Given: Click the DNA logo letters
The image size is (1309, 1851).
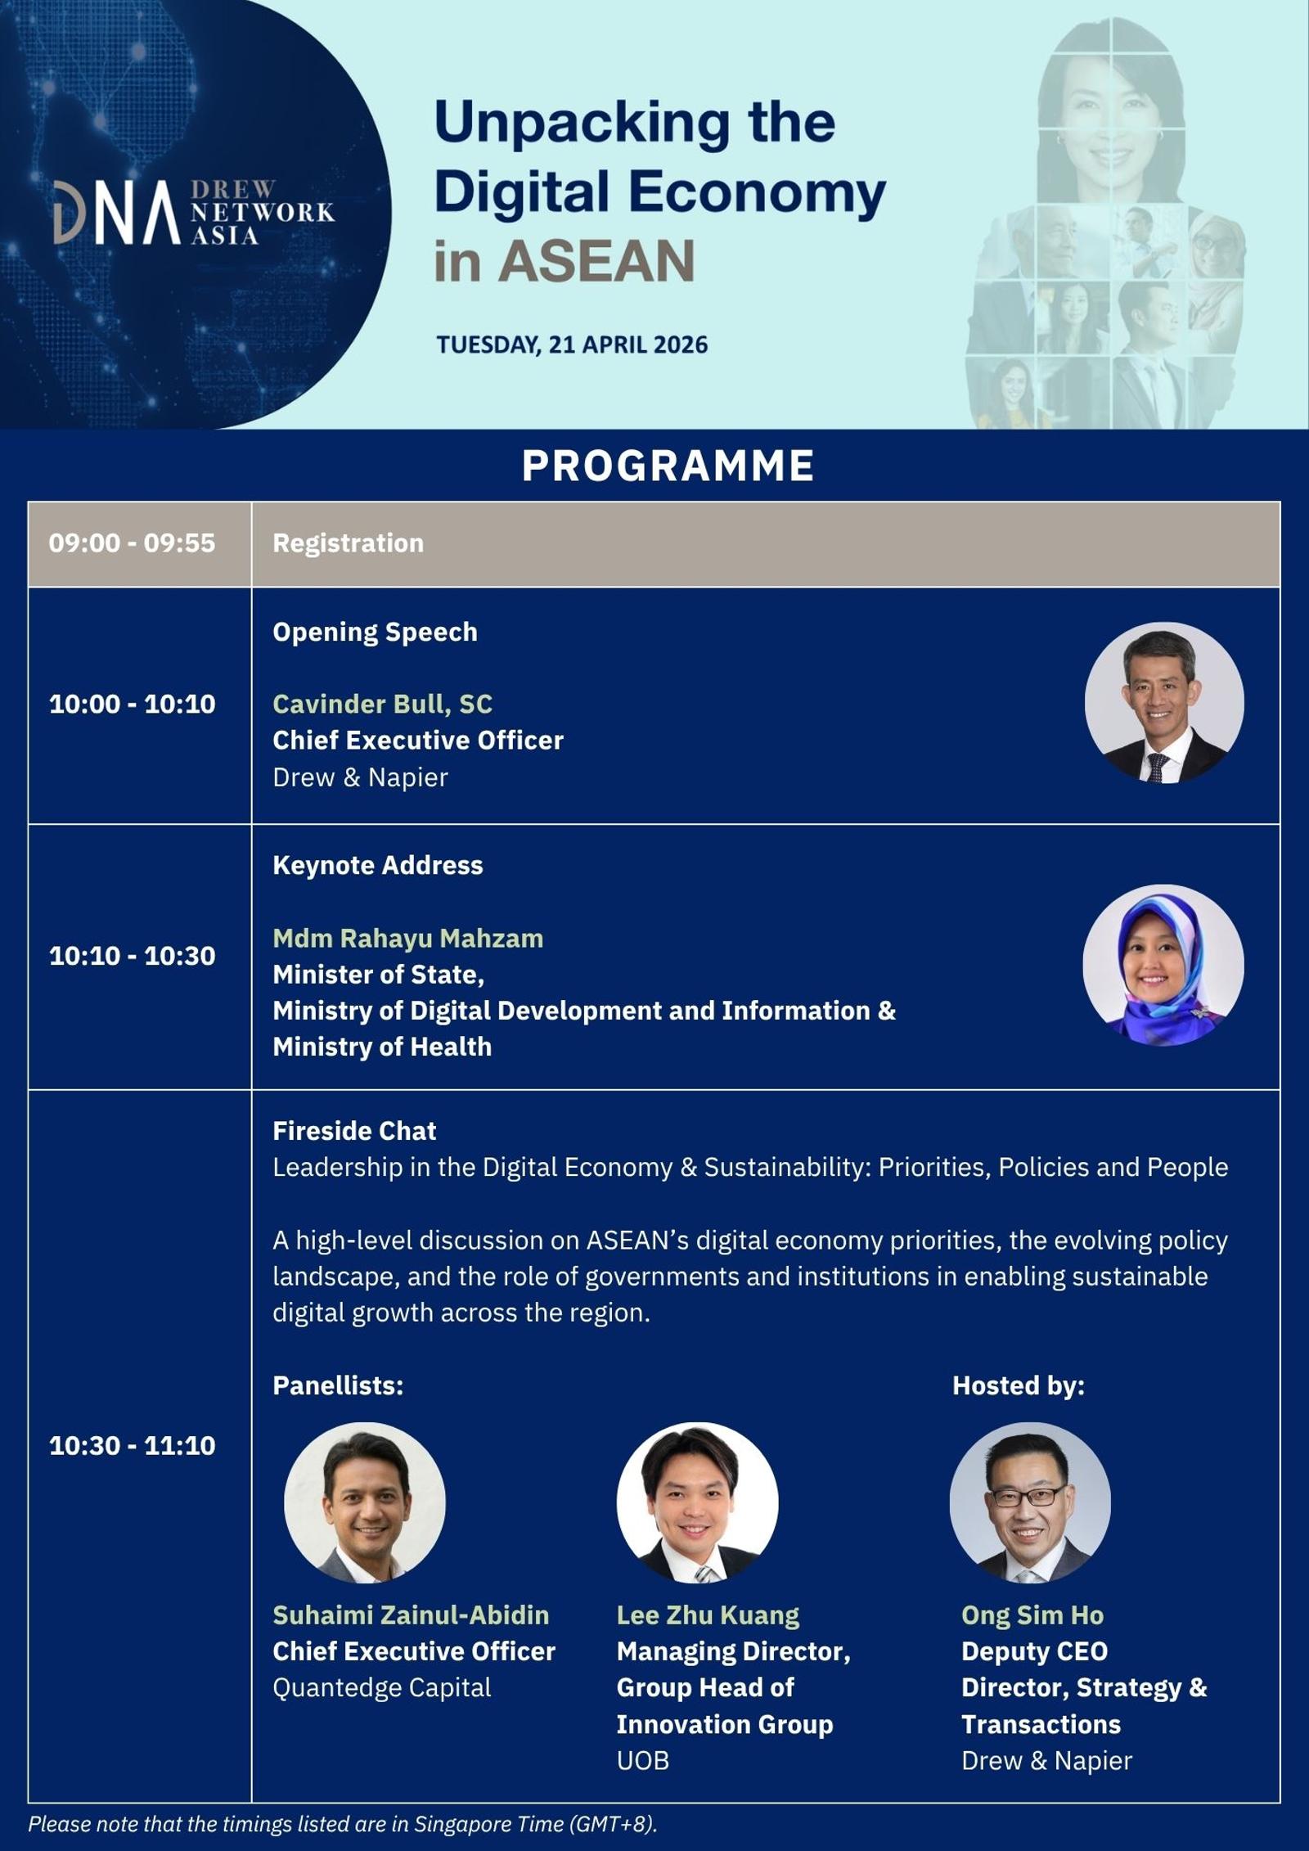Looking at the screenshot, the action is [116, 213].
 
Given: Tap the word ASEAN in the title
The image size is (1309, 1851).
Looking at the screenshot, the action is [597, 261].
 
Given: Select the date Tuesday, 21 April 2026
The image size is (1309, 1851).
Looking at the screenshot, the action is [572, 345].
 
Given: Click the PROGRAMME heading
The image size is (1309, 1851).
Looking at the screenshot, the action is [668, 466].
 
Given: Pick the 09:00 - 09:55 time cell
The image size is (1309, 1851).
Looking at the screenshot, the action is [132, 543].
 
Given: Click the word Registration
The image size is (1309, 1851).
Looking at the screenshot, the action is [348, 543].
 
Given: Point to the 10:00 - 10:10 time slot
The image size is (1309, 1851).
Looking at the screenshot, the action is [133, 704].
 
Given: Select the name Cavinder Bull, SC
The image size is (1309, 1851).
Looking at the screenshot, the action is [382, 705].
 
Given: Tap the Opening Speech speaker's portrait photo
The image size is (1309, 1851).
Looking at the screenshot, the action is [1164, 704].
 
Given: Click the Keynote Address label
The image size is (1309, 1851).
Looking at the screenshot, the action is [377, 866].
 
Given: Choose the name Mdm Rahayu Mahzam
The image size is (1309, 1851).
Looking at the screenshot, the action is [407, 938].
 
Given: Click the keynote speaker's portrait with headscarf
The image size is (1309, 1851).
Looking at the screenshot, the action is [1163, 965].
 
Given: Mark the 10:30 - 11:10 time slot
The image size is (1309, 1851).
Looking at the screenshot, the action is [133, 1445].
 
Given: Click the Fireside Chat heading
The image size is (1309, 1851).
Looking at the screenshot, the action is [354, 1131].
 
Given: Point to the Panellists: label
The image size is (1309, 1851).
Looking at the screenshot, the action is [338, 1385].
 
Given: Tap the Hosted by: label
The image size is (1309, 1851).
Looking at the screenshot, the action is [1019, 1385].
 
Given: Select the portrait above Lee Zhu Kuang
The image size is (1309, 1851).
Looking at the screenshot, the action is [697, 1503].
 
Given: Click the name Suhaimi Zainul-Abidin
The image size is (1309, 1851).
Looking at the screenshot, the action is [411, 1615].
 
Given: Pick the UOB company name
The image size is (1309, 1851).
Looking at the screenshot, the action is [643, 1761].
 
